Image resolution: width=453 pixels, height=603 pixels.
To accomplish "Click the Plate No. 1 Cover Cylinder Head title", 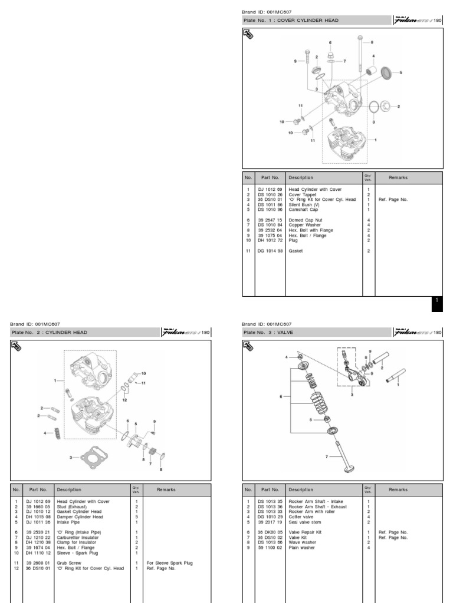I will pyautogui.click(x=291, y=20).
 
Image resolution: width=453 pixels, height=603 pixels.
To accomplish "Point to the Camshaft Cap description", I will pyautogui.click(x=303, y=209).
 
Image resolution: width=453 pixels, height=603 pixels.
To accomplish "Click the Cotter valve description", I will pyautogui.click(x=303, y=516).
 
